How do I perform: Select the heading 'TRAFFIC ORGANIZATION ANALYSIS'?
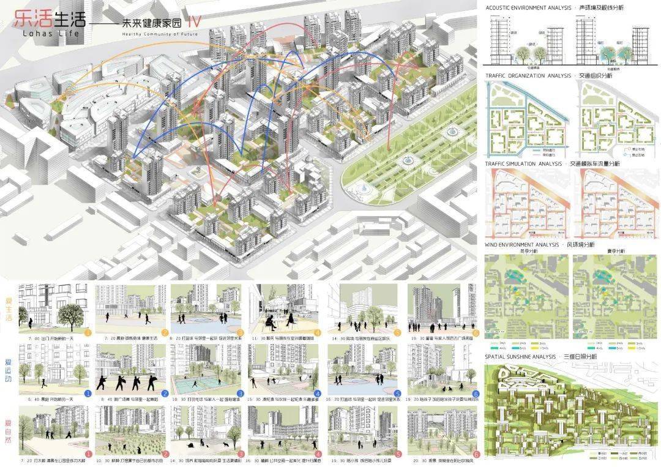click(527, 76)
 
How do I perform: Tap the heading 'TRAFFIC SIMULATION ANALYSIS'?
click(523, 163)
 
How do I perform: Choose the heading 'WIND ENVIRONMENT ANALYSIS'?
click(521, 244)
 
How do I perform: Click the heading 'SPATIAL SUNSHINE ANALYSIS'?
click(522, 356)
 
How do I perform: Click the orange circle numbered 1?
click(88, 332)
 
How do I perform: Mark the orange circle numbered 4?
click(318, 332)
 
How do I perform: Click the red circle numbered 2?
click(165, 454)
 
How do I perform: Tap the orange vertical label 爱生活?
click(9, 309)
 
